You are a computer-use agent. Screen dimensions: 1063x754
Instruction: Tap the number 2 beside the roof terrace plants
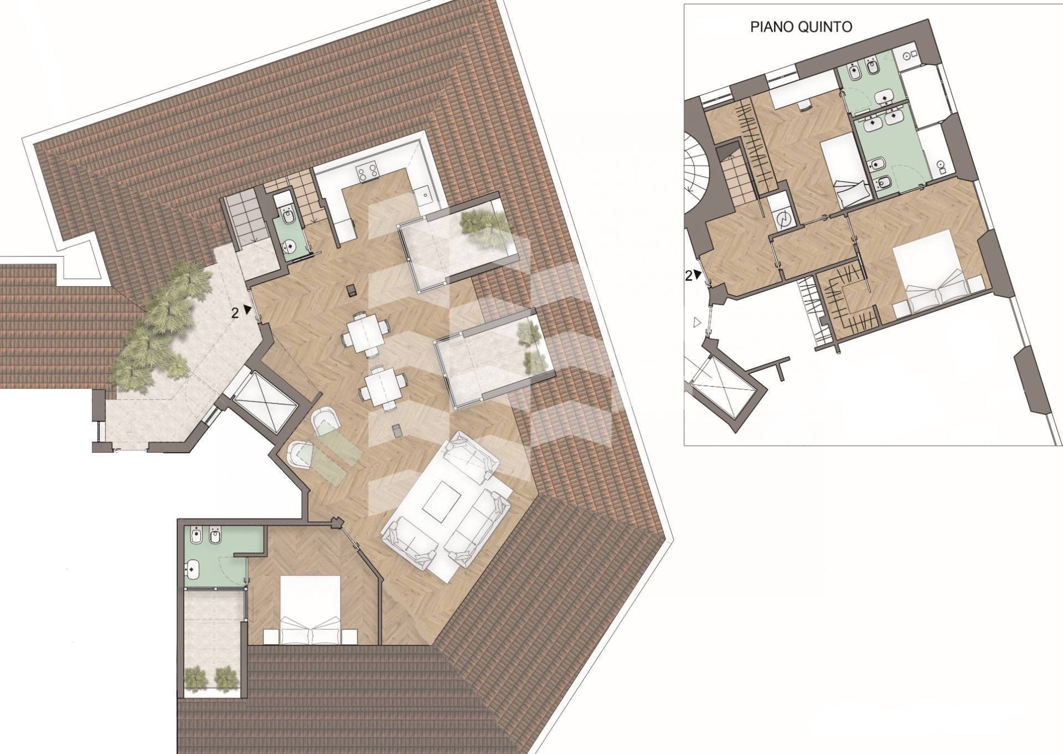click(235, 313)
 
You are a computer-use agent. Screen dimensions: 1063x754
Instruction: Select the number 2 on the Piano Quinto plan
click(689, 275)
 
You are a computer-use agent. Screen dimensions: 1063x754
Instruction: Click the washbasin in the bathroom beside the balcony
click(192, 568)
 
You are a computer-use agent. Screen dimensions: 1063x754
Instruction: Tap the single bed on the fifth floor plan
click(845, 169)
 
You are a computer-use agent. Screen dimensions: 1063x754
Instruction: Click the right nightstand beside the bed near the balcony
click(348, 636)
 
